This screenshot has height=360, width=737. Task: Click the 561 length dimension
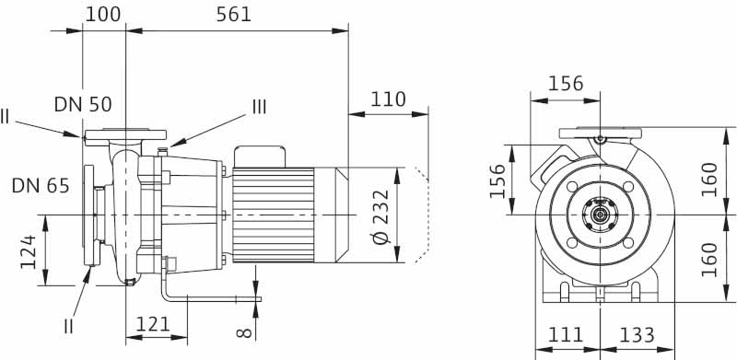pos(234,15)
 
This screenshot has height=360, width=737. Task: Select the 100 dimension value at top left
pos(103,15)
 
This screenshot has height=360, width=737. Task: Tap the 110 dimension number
pos(388,99)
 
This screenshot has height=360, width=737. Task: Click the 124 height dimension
pos(29,252)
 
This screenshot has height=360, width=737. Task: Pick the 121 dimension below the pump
pos(153,324)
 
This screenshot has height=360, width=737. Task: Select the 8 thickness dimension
pos(244,333)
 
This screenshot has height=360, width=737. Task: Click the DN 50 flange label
pos(83,104)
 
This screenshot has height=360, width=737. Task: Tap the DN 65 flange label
pos(41,186)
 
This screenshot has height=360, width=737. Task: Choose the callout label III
pos(259,107)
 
